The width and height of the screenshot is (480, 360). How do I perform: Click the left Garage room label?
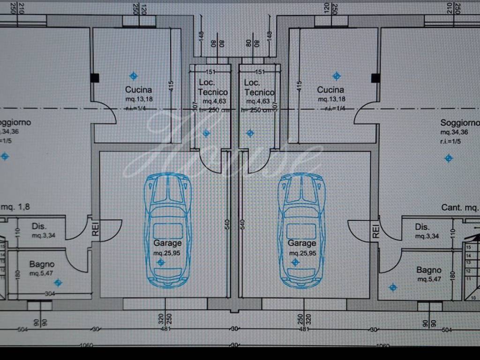tap(167, 243)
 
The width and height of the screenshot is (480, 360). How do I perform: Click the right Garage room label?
tap(301, 243)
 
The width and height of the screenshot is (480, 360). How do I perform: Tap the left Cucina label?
tap(138, 90)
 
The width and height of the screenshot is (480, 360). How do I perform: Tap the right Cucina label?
tap(330, 90)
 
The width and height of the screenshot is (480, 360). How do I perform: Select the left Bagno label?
tap(42, 264)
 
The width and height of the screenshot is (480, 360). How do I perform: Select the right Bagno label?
tap(429, 270)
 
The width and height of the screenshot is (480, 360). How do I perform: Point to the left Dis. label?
tap(39, 226)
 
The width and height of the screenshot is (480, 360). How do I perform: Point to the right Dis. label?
tap(422, 227)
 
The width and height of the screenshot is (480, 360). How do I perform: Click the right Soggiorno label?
tap(460, 123)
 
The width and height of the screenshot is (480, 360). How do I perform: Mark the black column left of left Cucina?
tap(95, 78)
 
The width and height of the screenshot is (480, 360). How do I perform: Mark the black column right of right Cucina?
tap(375, 78)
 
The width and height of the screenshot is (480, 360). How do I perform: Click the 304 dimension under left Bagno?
tap(50, 294)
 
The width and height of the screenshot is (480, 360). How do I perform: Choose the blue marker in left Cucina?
tap(134, 75)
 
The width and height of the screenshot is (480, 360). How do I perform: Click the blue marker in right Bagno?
tap(393, 287)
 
